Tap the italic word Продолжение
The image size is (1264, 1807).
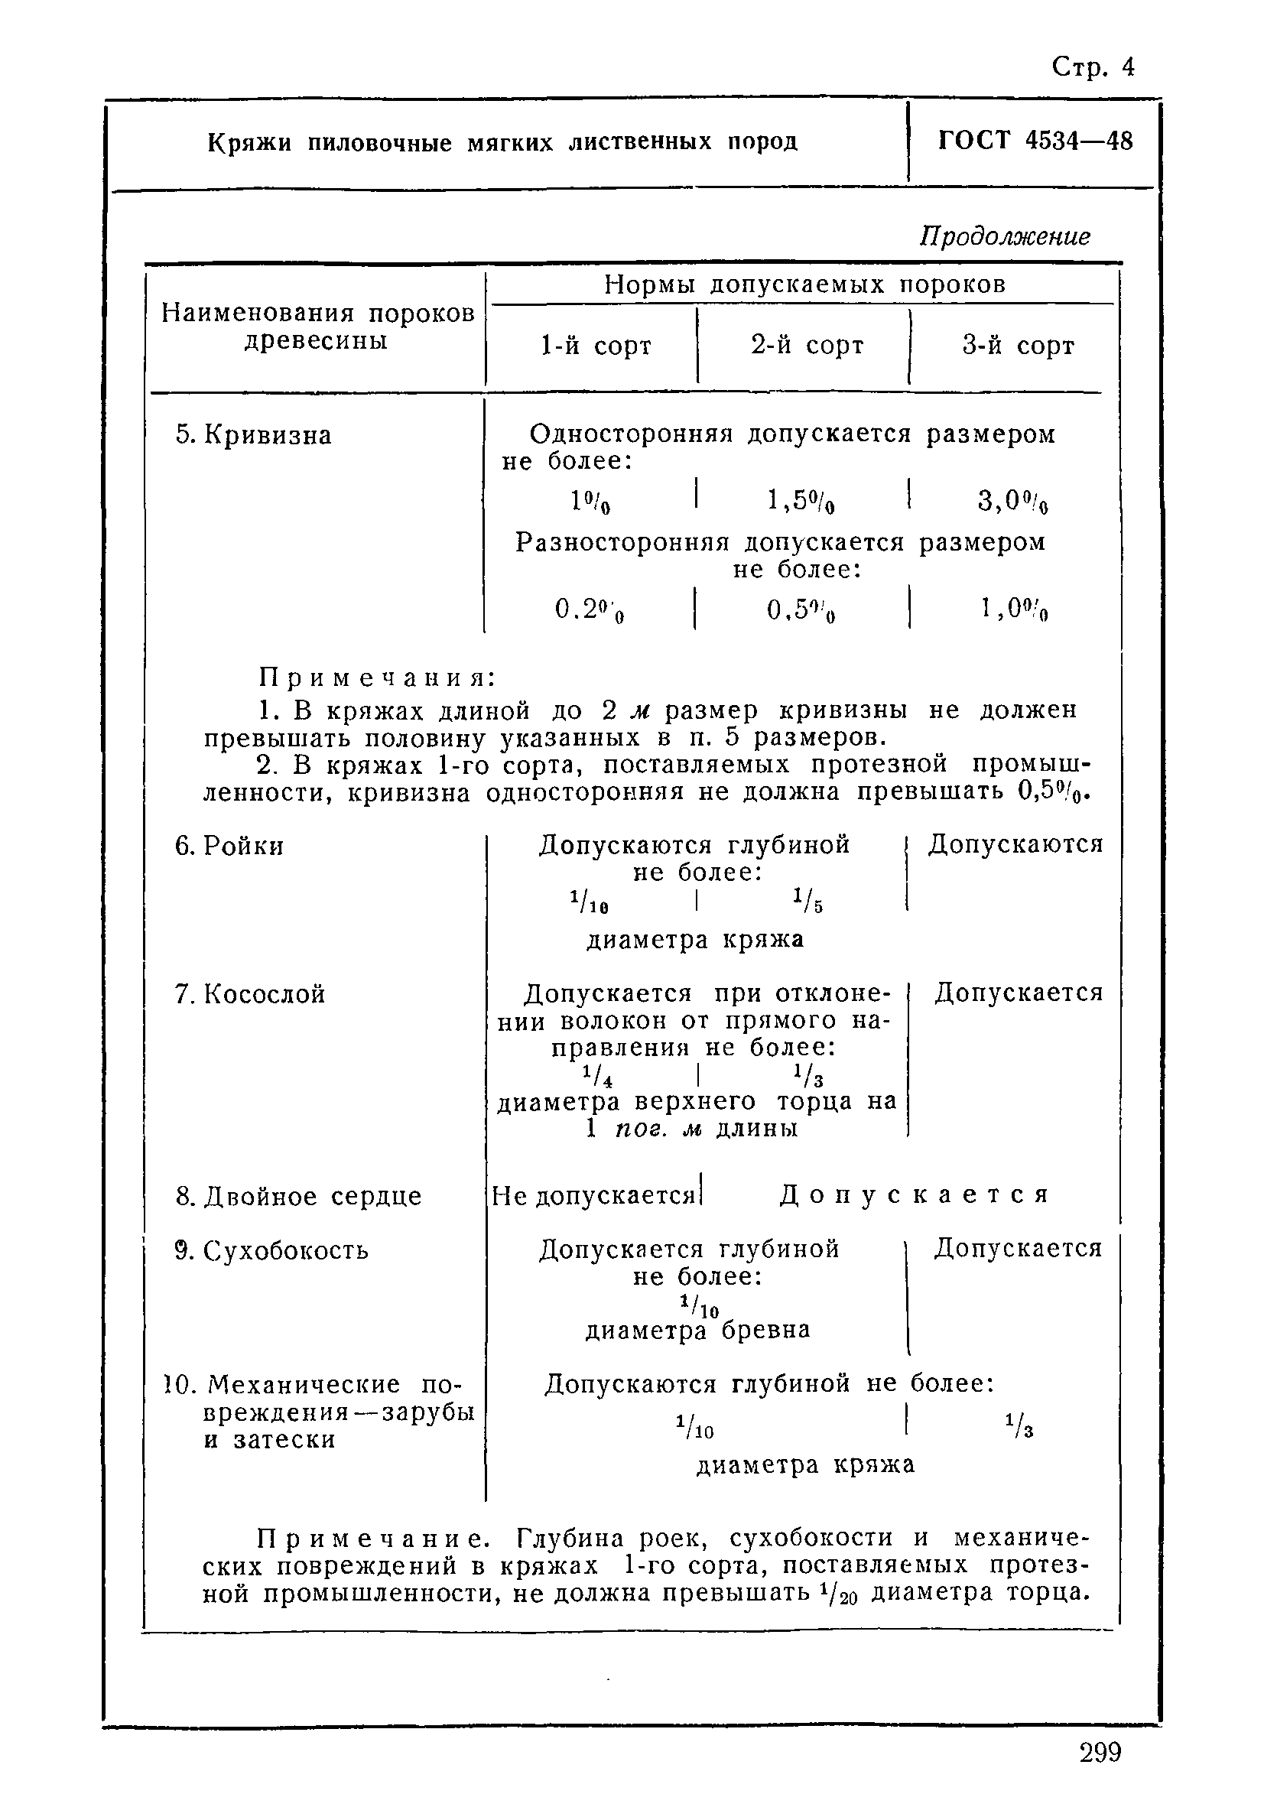pos(1005,236)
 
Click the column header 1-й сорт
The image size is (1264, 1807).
pos(596,346)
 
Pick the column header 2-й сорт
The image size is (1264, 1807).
pos(807,346)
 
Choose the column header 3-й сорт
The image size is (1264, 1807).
pos(1018,346)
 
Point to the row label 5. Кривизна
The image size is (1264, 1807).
pos(253,435)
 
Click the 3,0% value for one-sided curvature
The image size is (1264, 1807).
pos(1012,502)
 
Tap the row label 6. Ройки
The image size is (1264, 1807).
pos(229,846)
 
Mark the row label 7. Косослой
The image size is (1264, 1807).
pos(249,994)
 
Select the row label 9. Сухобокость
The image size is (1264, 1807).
pos(271,1250)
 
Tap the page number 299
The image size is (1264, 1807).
pos(1100,1753)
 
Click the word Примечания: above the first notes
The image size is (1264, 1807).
pos(377,678)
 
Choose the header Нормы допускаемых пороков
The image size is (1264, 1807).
pos(804,285)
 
